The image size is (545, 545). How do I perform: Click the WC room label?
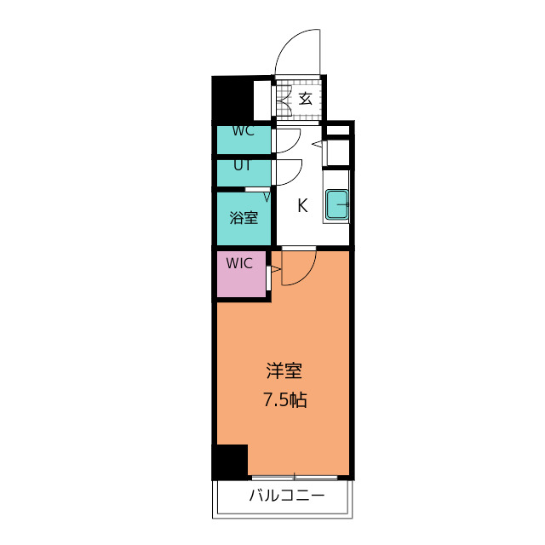[x=243, y=131]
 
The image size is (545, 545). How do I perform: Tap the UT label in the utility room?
[x=242, y=165]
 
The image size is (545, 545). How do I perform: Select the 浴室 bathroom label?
[x=243, y=217]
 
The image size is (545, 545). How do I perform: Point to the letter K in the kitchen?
[x=301, y=205]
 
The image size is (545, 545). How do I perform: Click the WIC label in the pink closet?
[x=241, y=262]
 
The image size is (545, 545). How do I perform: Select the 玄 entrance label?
[x=304, y=99]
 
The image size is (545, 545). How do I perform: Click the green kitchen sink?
[x=338, y=204]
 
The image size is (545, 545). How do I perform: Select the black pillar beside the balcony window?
[x=230, y=462]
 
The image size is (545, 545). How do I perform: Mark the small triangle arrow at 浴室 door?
[x=267, y=198]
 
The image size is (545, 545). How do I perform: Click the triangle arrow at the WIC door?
[x=273, y=272]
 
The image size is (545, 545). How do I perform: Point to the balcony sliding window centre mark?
[x=295, y=475]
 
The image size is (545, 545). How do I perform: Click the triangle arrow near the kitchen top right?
[x=317, y=146]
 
